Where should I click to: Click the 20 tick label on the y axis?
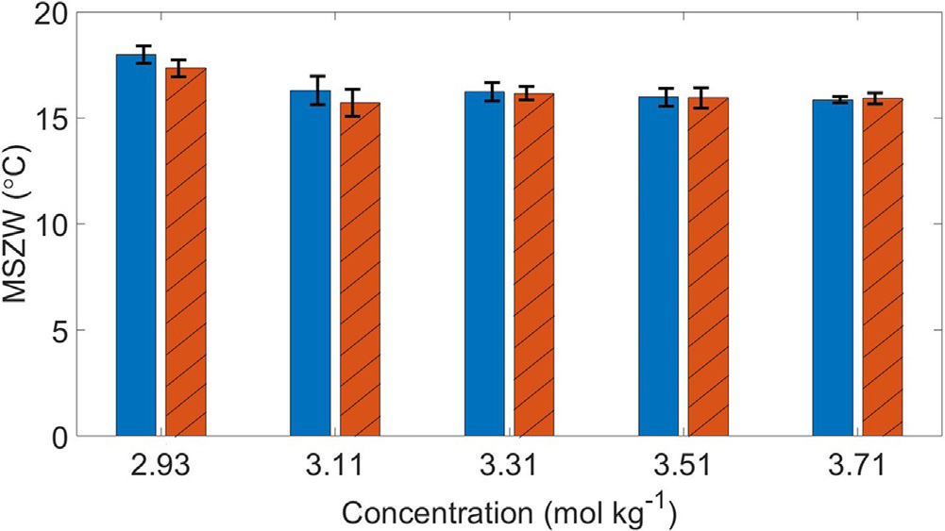[58, 13]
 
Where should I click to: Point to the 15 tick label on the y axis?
[58, 119]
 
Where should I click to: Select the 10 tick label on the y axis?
[58, 224]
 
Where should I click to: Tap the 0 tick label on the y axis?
[64, 437]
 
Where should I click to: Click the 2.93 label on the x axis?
[161, 464]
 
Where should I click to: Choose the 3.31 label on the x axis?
[510, 464]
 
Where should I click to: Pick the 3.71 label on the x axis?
[857, 464]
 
